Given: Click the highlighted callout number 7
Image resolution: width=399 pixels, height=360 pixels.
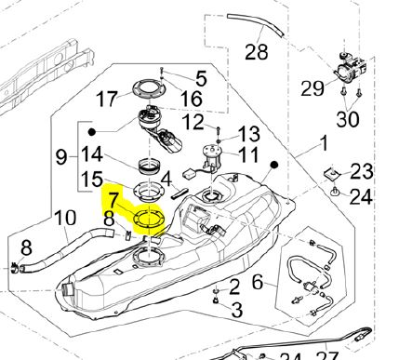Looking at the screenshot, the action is pos(113,200).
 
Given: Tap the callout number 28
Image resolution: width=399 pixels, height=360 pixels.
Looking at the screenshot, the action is pos(256,52).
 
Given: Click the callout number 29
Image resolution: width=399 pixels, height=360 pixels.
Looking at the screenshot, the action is pos(313,88).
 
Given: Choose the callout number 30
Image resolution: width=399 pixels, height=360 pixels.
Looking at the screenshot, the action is pos(348,118).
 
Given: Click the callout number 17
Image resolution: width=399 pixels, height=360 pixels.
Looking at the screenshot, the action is pos(107,99).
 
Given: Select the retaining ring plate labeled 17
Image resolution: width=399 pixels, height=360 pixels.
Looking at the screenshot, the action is pos(148,88).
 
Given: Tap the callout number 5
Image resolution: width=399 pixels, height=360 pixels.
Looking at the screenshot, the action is pos(201,78).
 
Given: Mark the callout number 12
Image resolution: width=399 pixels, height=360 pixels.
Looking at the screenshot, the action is pos(193,122).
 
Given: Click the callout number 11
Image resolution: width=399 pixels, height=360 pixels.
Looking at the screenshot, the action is pos(248,154).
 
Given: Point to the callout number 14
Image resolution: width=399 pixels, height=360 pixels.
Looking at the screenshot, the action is pos(92,154).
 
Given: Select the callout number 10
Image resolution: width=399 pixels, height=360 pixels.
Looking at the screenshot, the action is pos(65,218).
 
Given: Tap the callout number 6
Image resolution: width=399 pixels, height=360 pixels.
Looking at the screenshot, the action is pos(258,283).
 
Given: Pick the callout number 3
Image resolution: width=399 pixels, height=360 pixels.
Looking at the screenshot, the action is pos(237,310).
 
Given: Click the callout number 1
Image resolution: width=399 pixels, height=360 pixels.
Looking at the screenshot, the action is pos(324,143).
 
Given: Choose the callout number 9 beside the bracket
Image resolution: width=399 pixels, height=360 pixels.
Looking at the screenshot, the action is pos(61,157).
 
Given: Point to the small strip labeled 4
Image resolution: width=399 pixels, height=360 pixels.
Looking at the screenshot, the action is pos(179,193).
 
